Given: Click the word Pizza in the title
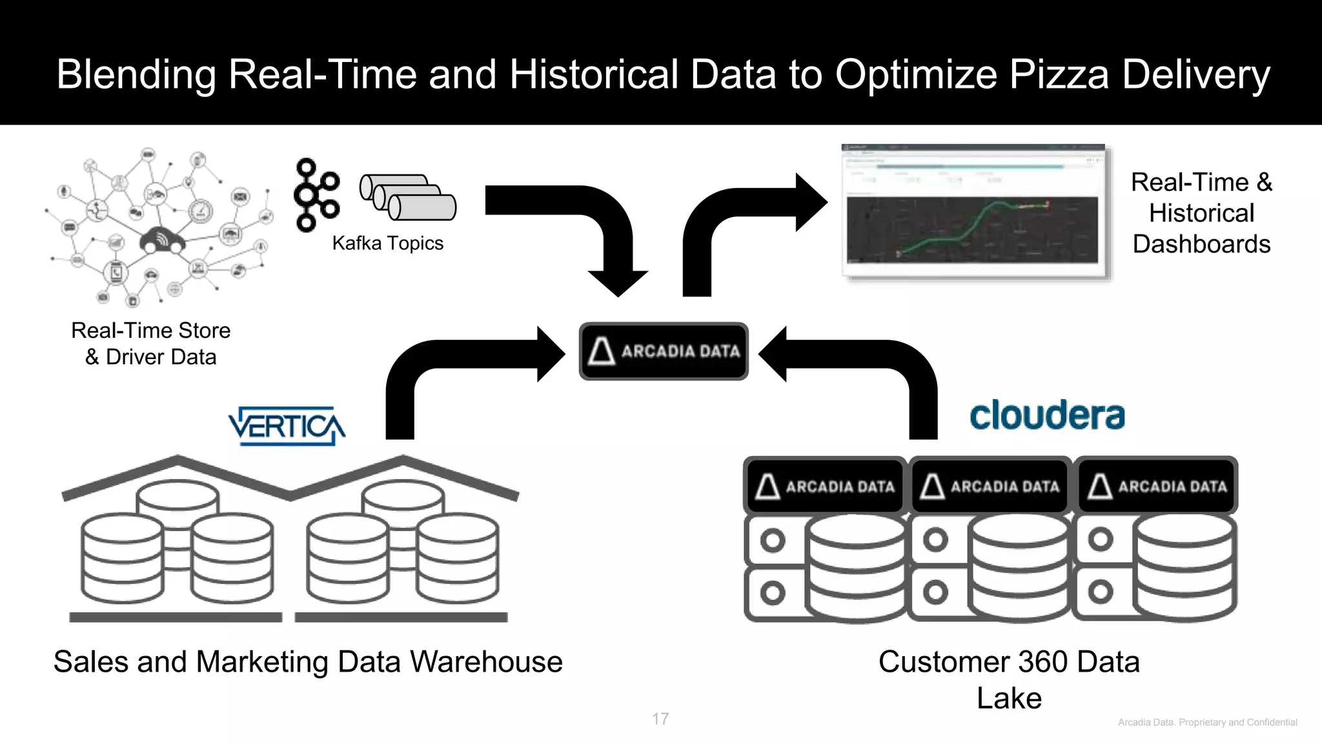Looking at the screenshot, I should coord(1059,74).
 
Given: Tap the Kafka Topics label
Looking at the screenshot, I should coord(387,243).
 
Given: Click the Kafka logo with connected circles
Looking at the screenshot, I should coord(316,194).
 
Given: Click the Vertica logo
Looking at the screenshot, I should coord(287,426).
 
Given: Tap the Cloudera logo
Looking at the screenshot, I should coord(1047,415).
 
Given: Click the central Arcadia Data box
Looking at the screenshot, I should coord(664,351).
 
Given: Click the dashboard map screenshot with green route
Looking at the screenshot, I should coord(972,229).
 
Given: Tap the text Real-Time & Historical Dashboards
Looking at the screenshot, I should coord(1201,213).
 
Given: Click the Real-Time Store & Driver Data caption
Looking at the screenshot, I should coord(151,344).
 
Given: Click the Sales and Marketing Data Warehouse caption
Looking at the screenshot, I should coord(308,662).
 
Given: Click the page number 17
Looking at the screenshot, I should coord(660,719).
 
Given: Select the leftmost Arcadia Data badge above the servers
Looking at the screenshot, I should coord(825,486).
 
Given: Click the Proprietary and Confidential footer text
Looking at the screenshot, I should coord(1207,723).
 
